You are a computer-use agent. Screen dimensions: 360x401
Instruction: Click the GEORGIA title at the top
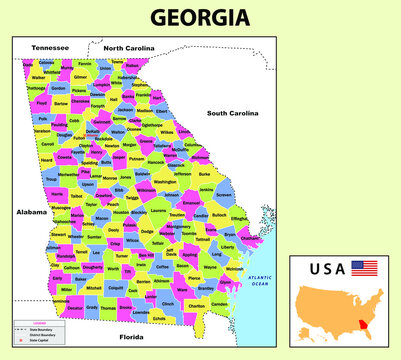[199, 17]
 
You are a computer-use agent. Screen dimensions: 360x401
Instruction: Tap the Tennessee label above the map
[50, 47]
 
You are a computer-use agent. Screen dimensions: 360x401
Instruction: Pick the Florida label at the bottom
[132, 337]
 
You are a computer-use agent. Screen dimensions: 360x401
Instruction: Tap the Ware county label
[181, 292]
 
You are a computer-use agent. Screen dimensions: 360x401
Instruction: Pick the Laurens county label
[158, 211]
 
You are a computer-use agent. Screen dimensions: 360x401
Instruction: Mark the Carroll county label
[48, 145]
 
